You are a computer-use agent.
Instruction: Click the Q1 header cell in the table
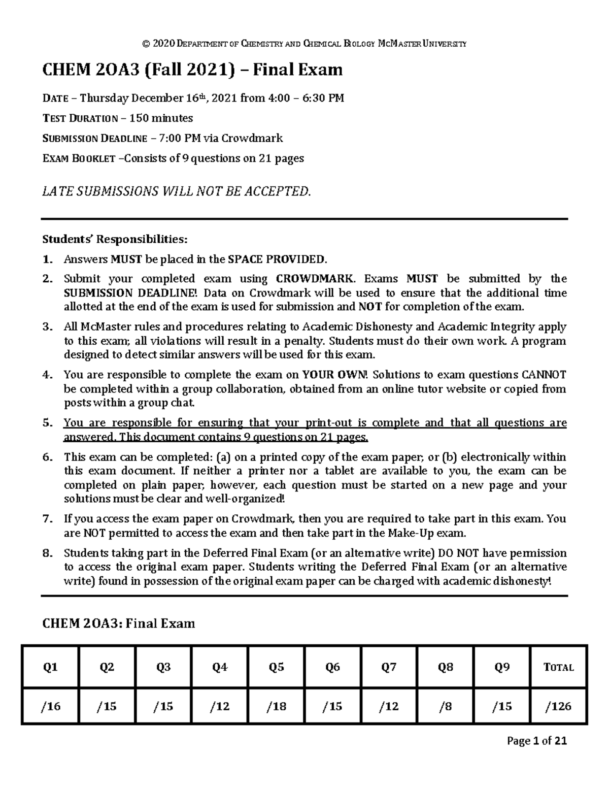tap(50, 667)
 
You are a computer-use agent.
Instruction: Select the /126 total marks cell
tap(558, 706)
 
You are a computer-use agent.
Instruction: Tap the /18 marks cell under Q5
tap(276, 706)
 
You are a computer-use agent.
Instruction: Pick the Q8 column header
tap(445, 667)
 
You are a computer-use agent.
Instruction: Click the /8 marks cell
tap(445, 706)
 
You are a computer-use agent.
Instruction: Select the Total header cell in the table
tap(558, 667)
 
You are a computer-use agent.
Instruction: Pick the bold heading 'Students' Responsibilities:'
tap(115, 239)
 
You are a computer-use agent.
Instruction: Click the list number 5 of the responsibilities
tap(47, 423)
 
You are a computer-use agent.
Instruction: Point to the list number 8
tap(47, 553)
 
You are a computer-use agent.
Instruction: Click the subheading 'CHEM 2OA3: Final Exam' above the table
tap(118, 623)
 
